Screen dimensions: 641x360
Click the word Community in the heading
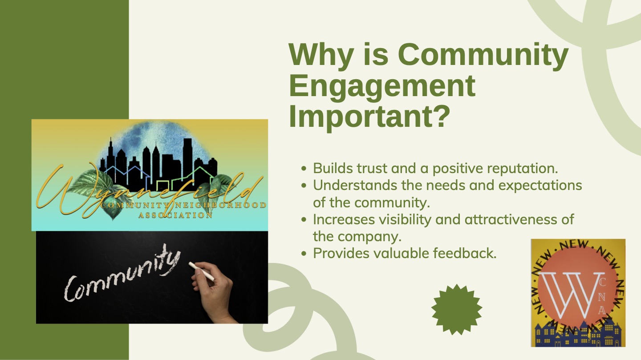[x=483, y=54]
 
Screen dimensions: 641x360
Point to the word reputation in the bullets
[x=520, y=169]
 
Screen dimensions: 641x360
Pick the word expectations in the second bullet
[x=540, y=186]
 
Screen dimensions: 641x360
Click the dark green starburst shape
[x=457, y=309]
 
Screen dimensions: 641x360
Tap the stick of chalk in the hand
[x=201, y=271]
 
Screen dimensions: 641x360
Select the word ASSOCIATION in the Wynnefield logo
[x=175, y=215]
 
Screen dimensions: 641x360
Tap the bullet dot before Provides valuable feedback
[x=304, y=254]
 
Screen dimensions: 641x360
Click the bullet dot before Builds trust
[x=304, y=168]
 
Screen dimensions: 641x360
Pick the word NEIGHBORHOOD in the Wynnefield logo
[x=220, y=205]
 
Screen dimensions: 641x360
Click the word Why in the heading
[x=321, y=54]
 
